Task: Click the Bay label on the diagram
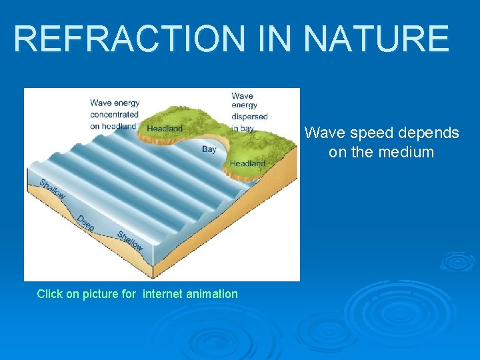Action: click(209, 149)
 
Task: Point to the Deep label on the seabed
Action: click(85, 223)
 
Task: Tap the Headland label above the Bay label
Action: click(165, 128)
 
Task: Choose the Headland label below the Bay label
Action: click(247, 163)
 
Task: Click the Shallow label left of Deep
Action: click(52, 189)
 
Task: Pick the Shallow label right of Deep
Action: click(129, 241)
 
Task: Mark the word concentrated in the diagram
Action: click(114, 114)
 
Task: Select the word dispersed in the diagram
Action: click(249, 117)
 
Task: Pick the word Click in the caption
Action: click(50, 294)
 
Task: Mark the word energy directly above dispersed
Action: click(243, 106)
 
